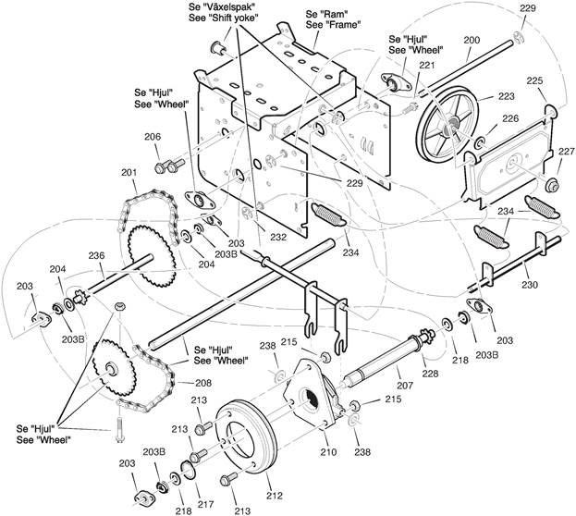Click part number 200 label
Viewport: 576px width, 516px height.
point(472,40)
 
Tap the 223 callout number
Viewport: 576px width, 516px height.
point(507,96)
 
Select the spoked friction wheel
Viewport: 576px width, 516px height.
point(449,125)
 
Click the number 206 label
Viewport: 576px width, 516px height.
point(153,137)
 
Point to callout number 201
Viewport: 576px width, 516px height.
point(129,172)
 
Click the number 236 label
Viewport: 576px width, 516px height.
point(96,255)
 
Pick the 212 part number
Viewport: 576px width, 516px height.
point(275,496)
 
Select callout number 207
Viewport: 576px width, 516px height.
point(405,386)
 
